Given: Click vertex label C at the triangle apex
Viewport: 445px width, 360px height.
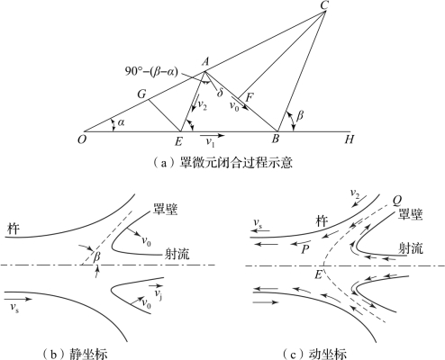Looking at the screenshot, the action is (323, 5).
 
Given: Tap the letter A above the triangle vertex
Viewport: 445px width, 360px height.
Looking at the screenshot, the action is (205, 62).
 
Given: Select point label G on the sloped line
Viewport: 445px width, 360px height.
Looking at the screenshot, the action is (141, 94).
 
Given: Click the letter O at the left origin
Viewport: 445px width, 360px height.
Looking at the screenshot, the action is (81, 139).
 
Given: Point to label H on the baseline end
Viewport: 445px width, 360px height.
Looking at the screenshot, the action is (349, 139).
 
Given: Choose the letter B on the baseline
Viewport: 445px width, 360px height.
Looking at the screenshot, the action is (275, 139).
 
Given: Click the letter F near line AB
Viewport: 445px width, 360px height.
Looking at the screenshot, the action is (250, 97).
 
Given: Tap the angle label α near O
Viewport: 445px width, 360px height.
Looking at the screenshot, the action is (121, 122).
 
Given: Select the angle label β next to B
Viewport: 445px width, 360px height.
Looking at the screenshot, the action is (300, 115).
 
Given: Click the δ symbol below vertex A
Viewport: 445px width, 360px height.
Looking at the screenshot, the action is (220, 92).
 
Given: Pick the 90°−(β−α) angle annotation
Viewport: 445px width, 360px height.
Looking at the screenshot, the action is (151, 72).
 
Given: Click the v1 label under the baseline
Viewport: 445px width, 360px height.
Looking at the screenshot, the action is (210, 142).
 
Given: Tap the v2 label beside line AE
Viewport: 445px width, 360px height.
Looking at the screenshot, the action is (202, 105).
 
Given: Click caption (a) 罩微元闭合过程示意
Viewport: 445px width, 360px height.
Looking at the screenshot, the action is (222, 163).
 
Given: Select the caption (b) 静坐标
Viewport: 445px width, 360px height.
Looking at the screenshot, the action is (75, 354).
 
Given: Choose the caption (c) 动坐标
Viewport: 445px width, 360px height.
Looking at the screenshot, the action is (314, 354).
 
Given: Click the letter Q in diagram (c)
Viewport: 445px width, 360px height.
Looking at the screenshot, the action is (397, 201).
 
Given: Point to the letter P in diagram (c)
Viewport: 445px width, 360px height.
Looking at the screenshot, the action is (305, 249).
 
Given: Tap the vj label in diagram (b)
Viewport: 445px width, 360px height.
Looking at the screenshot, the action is (159, 294).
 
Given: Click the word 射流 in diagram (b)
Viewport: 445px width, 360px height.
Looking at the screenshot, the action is (177, 255).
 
